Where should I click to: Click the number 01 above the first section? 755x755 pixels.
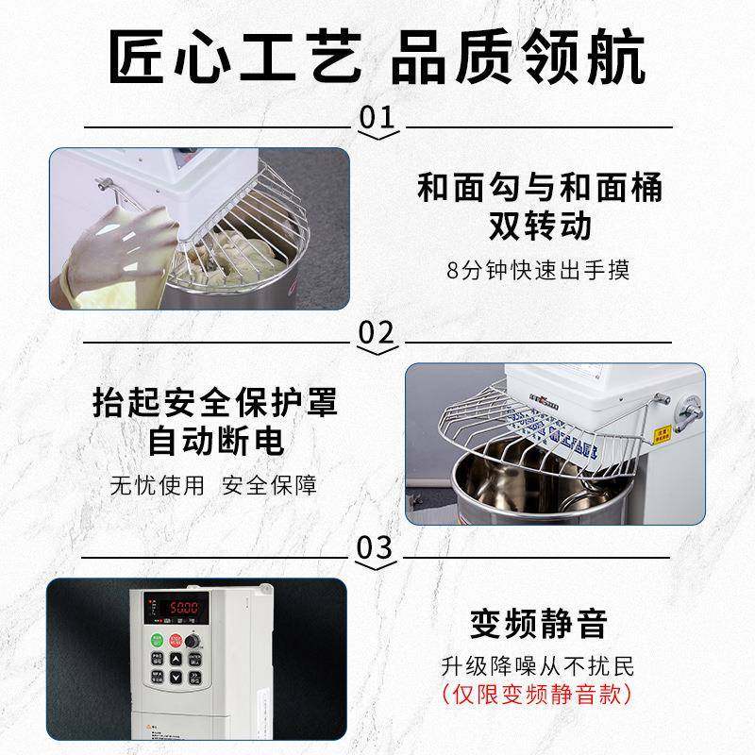click(x=376, y=118)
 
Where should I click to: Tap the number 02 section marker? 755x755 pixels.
click(x=377, y=332)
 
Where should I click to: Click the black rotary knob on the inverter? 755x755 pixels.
click(x=194, y=642)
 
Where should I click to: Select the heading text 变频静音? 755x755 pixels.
click(x=538, y=624)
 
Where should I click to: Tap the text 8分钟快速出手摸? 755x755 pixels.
click(x=538, y=270)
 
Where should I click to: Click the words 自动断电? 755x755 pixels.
click(x=216, y=442)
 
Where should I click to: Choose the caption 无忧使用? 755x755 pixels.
click(x=156, y=485)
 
